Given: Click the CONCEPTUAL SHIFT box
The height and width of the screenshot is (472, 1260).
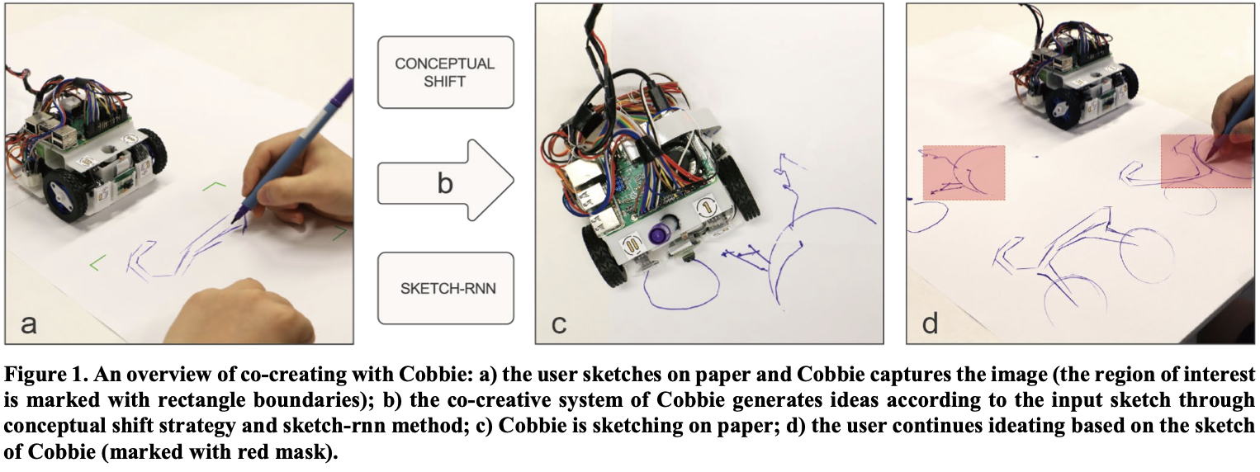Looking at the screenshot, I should point(445,72).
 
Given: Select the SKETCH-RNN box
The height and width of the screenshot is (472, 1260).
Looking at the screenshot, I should point(445,288).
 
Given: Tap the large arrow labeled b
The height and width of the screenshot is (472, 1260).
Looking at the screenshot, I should point(445,181).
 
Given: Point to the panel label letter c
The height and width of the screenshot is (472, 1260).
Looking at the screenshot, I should point(558,323).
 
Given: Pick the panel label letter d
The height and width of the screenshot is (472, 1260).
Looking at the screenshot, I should point(930,323).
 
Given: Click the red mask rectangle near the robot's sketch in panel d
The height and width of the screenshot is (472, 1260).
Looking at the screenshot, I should point(964,172).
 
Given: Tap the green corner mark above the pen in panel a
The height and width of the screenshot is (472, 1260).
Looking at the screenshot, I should point(216,187).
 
